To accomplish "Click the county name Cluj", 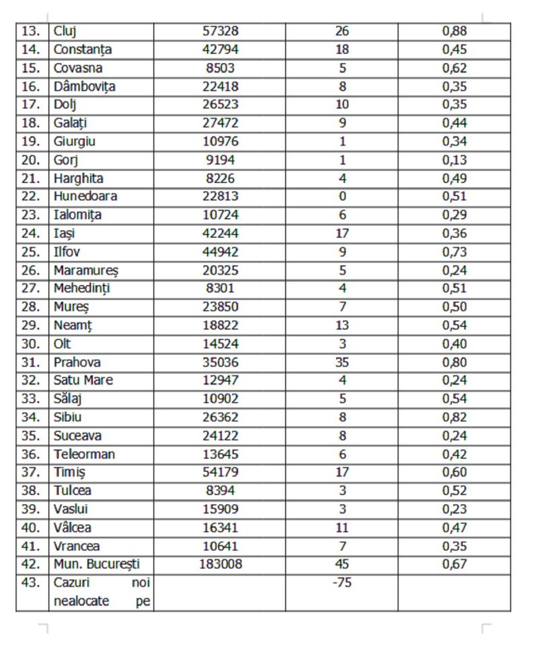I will (x=65, y=31).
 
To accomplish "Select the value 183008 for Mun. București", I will (x=221, y=564).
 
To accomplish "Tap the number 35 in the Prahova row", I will (x=342, y=362).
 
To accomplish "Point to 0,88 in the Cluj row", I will (x=455, y=31).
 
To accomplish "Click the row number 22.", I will (x=31, y=196).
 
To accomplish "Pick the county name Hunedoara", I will (x=85, y=196).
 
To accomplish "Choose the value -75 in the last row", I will (x=342, y=582).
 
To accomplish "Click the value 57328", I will (x=221, y=31).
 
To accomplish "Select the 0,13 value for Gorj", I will (x=455, y=160).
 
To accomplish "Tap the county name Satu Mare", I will (x=83, y=380).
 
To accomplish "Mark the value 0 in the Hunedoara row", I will (x=342, y=196).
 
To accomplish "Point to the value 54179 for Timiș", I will (x=221, y=472).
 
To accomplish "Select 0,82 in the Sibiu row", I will (x=455, y=417).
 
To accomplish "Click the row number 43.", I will (x=31, y=582).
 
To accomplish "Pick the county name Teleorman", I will (x=85, y=454).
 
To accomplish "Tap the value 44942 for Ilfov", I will (x=221, y=252).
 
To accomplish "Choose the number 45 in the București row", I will (x=342, y=564).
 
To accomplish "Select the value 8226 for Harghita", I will (x=221, y=178).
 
